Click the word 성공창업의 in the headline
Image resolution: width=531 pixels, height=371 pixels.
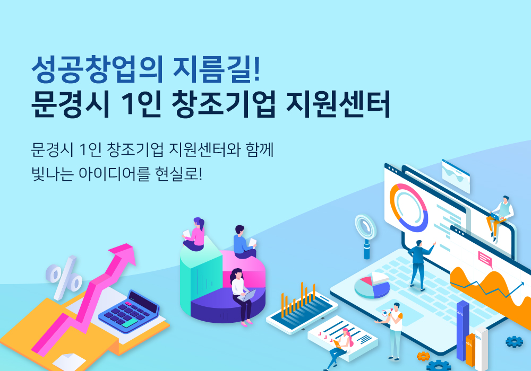97,69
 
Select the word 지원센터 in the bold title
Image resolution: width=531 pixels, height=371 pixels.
338,104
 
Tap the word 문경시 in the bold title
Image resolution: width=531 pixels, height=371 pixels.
71,104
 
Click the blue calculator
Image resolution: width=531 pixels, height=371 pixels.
129,311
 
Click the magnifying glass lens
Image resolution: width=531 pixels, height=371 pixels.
366,227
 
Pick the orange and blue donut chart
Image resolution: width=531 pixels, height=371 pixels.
409,207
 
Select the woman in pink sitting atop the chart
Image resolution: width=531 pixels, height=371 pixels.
195,234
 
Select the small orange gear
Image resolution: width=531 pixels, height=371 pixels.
423,356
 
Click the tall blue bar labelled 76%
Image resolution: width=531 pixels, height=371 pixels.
463,330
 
